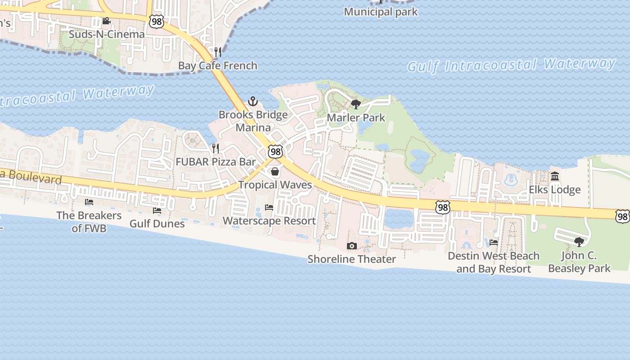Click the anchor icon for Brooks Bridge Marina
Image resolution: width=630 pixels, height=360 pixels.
click(253, 101)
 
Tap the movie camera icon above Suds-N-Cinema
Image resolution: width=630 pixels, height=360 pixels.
click(106, 21)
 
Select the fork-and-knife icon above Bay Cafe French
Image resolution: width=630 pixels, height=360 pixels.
click(218, 52)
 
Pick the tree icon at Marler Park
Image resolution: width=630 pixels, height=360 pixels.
click(356, 104)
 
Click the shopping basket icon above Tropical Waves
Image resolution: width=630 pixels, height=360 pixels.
click(275, 171)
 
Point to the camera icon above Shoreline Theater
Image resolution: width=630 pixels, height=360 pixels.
click(352, 246)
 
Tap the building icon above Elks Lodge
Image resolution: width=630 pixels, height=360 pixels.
click(555, 176)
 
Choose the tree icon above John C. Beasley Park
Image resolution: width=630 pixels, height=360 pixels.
click(579, 242)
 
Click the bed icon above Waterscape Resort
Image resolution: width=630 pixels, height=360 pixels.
click(269, 207)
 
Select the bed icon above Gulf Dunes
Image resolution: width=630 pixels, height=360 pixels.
click(157, 210)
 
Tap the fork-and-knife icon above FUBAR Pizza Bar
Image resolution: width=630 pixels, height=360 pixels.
click(216, 148)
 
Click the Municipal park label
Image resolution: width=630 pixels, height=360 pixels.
click(381, 12)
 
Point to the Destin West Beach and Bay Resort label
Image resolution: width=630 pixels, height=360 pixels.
click(494, 262)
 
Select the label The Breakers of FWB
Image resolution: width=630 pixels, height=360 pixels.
click(89, 221)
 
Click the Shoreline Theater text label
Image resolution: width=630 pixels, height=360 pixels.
click(352, 259)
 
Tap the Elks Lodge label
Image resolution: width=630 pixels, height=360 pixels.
click(554, 189)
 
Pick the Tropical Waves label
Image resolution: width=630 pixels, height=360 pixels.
click(275, 185)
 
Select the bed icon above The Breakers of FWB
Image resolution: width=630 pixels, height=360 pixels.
click(89, 202)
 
